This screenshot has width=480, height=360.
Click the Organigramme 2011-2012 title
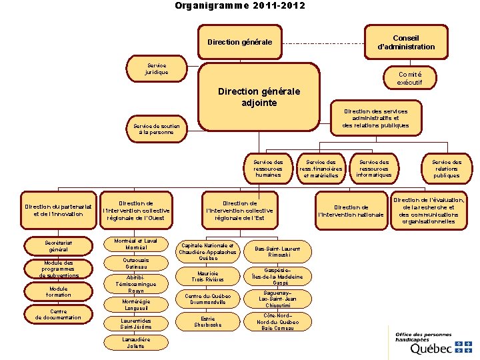point(240,6)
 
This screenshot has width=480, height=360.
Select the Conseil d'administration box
point(405,42)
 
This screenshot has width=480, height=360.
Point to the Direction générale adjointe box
point(259,97)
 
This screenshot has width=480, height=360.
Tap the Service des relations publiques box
point(446,168)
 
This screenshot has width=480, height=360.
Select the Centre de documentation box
point(58,314)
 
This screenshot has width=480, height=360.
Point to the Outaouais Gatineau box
point(136,263)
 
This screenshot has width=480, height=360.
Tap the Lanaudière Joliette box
point(135,343)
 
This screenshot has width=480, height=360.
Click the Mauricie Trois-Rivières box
point(208,275)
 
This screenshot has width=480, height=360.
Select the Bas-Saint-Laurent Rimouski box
point(277,251)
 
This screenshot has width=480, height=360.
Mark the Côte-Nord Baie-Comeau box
point(277,321)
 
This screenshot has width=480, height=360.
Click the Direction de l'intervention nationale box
point(351,211)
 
